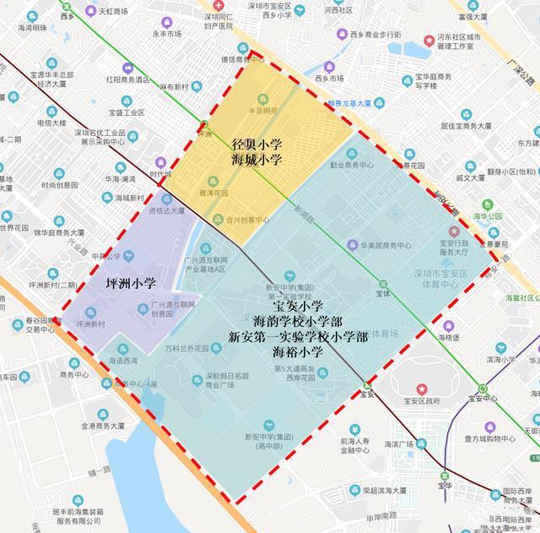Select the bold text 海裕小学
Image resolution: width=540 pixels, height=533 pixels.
298,351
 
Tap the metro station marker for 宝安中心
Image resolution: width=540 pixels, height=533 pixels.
482,388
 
